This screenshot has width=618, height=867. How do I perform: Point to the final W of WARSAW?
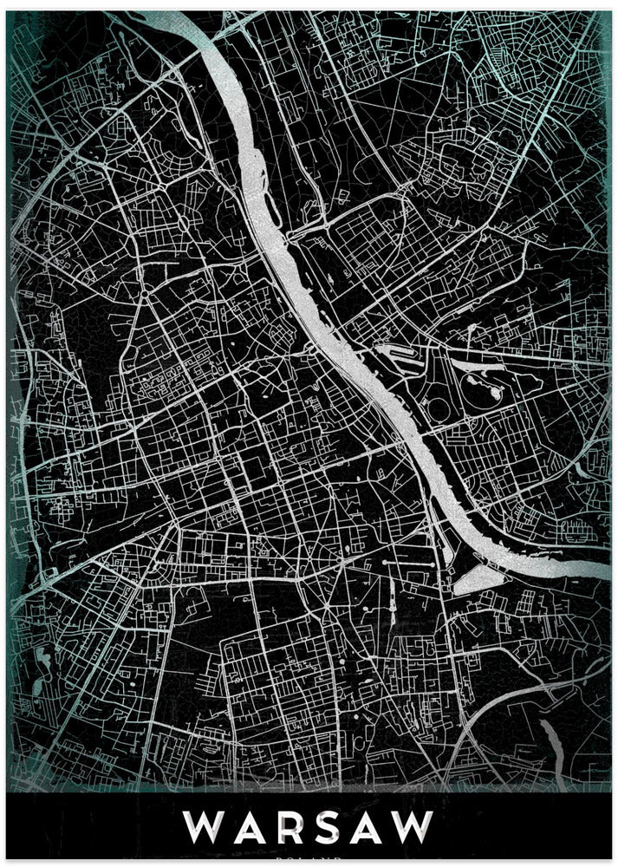(414, 827)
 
